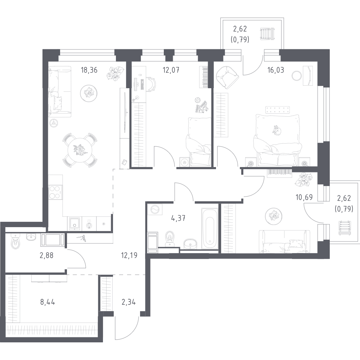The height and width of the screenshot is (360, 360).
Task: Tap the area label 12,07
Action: point(171,69)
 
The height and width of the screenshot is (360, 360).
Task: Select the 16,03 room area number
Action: point(276,69)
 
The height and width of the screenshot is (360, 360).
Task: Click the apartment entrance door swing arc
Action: point(128,329)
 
